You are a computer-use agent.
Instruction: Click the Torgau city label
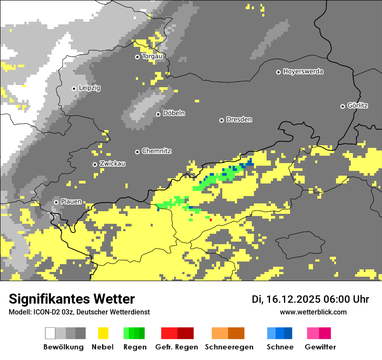(x=152, y=56)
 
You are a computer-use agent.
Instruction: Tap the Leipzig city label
(x=89, y=88)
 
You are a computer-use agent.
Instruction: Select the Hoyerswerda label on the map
(x=303, y=72)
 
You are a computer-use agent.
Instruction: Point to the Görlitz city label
(x=358, y=105)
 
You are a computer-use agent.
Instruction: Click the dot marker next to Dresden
(x=221, y=120)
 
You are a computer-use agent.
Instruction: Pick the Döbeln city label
(x=174, y=113)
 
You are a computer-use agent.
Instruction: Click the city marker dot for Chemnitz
(x=137, y=152)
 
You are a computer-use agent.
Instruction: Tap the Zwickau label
(x=112, y=164)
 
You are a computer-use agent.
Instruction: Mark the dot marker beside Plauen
(x=56, y=202)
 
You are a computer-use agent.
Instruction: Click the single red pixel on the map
(x=211, y=220)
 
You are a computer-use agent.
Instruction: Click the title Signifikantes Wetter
(x=72, y=299)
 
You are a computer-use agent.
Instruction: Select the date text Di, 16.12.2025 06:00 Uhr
(x=310, y=299)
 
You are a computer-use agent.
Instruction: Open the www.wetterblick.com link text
(x=313, y=312)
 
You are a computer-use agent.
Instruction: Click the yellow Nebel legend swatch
(x=103, y=333)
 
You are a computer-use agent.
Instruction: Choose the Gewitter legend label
(x=320, y=347)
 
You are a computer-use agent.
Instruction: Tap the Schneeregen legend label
(x=229, y=347)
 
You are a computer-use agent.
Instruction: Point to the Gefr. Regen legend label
(x=177, y=347)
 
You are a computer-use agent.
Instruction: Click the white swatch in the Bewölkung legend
(x=50, y=333)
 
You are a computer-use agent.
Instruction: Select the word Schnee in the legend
(x=280, y=347)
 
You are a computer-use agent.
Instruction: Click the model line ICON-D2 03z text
(x=79, y=312)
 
